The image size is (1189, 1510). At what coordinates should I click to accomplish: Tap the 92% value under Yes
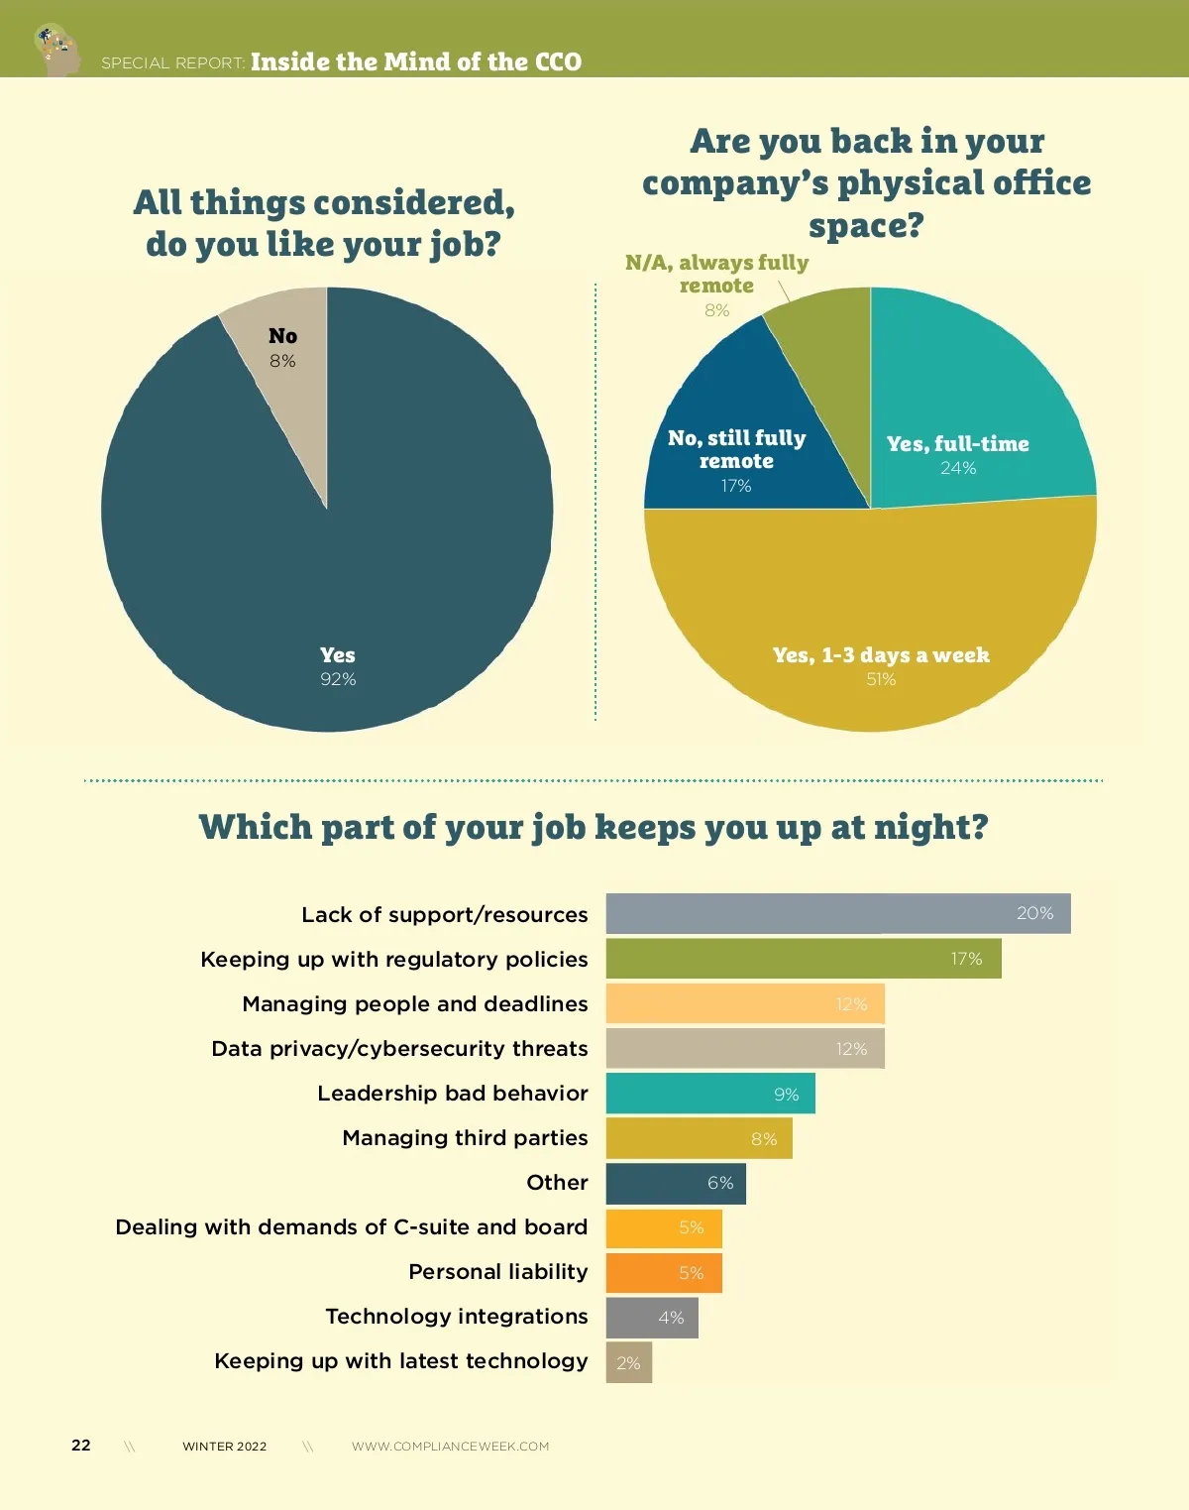(338, 679)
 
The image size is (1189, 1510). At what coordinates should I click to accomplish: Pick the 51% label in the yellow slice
(881, 679)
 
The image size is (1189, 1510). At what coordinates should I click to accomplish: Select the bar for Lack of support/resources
(838, 913)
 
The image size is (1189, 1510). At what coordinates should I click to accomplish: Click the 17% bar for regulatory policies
(804, 959)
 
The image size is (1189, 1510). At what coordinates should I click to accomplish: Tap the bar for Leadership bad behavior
(710, 1094)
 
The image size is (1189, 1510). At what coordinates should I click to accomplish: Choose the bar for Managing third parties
(699, 1138)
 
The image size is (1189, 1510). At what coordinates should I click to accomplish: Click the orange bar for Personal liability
(664, 1273)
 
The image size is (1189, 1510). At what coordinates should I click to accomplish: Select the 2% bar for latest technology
(629, 1362)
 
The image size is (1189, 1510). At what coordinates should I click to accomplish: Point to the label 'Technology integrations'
(457, 1317)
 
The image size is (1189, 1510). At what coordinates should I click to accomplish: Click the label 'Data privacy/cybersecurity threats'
(399, 1049)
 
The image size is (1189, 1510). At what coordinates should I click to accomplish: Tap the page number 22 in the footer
(81, 1446)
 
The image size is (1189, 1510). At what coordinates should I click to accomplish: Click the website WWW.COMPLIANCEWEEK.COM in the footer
(450, 1447)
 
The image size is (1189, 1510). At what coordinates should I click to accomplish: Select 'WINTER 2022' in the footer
(225, 1447)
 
